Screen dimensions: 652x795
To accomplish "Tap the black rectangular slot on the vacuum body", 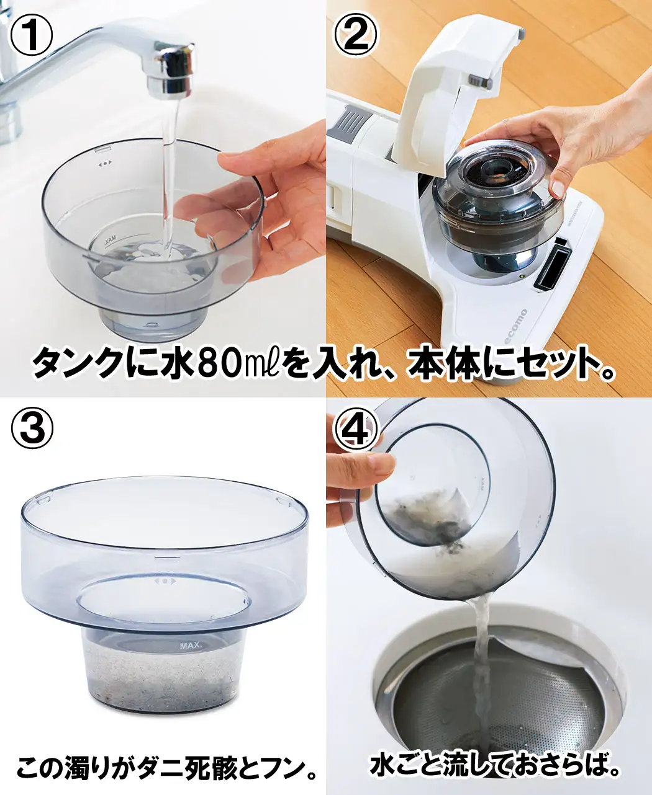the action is (552, 267).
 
